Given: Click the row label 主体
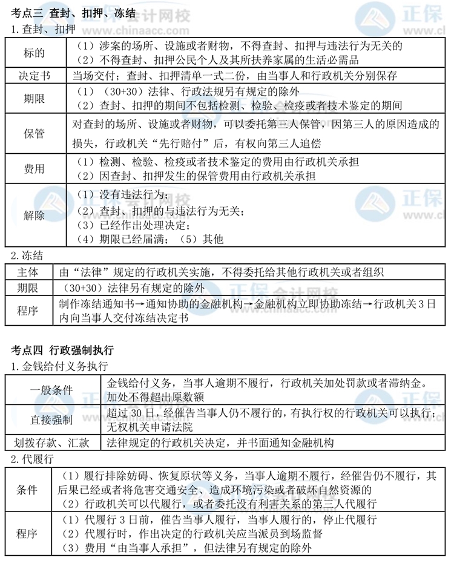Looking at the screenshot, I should click(28, 272).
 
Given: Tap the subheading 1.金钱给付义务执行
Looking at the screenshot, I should click(59, 366).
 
